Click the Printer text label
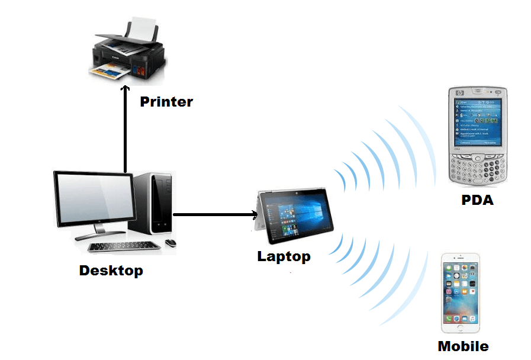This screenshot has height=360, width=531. pyautogui.click(x=166, y=101)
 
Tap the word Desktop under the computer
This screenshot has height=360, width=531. pyautogui.click(x=111, y=271)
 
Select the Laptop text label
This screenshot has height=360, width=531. pyautogui.click(x=284, y=256)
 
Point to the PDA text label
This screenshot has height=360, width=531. pyautogui.click(x=477, y=200)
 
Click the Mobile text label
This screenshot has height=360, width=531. pyautogui.click(x=463, y=346)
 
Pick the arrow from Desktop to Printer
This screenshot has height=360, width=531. pyautogui.click(x=125, y=130)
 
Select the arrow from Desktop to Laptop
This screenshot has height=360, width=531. pyautogui.click(x=213, y=214)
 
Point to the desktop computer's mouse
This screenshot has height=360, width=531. pyautogui.click(x=170, y=243)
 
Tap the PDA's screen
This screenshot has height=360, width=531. pyautogui.click(x=477, y=122)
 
